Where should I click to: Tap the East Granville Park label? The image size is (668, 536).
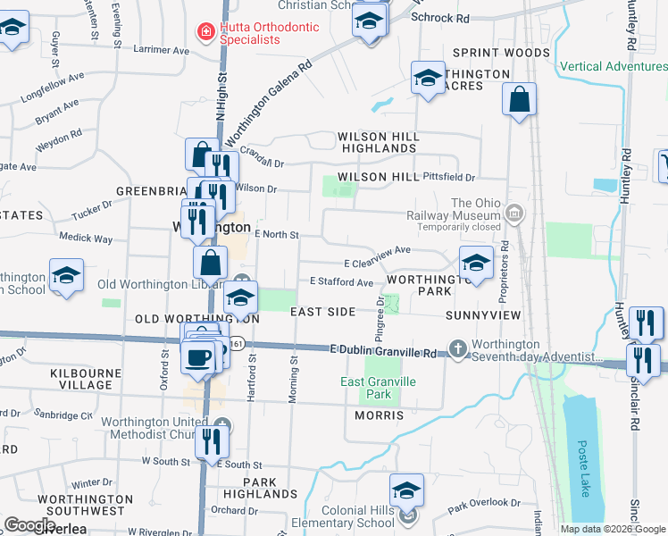click(x=379, y=388)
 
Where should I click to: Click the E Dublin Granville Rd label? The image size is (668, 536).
click(x=382, y=352)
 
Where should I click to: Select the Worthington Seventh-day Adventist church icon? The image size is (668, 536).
click(x=458, y=348)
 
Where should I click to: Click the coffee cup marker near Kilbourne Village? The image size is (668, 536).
click(x=199, y=356)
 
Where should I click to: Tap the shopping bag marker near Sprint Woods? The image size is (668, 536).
click(x=519, y=100)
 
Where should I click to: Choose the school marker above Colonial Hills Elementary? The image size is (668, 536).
click(x=406, y=490)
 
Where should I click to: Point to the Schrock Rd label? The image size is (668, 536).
click(x=440, y=18)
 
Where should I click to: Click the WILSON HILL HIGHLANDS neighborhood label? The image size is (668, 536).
click(x=378, y=142)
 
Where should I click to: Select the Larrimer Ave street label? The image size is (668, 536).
click(x=162, y=51)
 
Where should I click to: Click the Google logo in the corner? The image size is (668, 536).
click(x=29, y=525)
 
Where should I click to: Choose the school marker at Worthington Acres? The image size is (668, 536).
click(x=429, y=78)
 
